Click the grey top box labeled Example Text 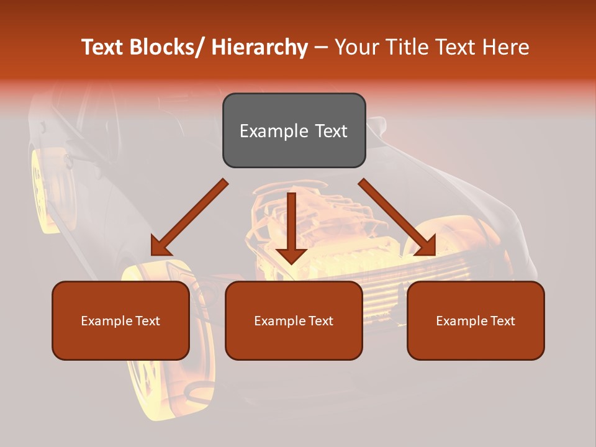coord(294,130)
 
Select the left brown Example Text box coord(120,320)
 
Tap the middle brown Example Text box coord(294,320)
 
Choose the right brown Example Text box coord(476,320)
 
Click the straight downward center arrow coord(291,227)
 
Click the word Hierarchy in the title coord(260,47)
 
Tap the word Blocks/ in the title coord(169,47)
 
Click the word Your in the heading coord(356,47)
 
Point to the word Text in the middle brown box coord(320,320)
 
